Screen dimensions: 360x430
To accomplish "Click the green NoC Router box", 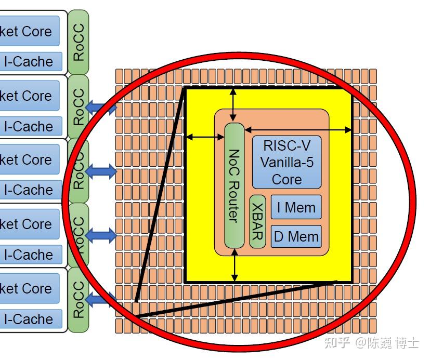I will point(234,185).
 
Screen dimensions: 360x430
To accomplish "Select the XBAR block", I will point(257,221).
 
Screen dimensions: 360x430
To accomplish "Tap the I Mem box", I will point(296,207).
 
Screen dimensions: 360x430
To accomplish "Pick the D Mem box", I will point(296,236).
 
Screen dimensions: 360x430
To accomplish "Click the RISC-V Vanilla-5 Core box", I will point(286,162).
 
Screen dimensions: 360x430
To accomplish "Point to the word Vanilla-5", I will point(286,163).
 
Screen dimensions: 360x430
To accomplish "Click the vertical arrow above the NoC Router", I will point(233,105).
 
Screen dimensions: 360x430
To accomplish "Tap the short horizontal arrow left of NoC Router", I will point(205,137).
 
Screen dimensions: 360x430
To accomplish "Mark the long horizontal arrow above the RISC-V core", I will point(298,130).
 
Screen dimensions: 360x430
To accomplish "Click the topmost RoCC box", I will point(78,41).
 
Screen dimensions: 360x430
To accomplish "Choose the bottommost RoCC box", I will point(78,300).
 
